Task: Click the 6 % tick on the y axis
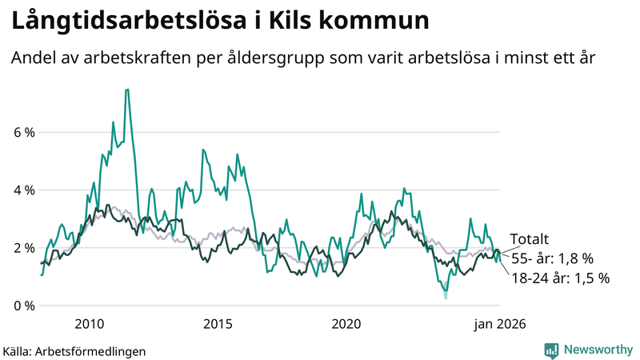pyautogui.click(x=23, y=132)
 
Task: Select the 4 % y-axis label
pyautogui.click(x=23, y=190)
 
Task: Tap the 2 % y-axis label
pyautogui.click(x=23, y=248)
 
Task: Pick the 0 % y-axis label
pyautogui.click(x=23, y=306)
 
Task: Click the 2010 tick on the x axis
pyautogui.click(x=89, y=324)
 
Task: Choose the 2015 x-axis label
pyautogui.click(x=218, y=324)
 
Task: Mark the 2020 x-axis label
pyautogui.click(x=346, y=324)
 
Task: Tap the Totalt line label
pyautogui.click(x=530, y=238)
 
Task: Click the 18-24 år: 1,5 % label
pyautogui.click(x=560, y=278)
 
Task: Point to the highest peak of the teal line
pyautogui.click(x=127, y=90)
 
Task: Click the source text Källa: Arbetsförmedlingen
pyautogui.click(x=74, y=351)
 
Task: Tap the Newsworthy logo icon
pyautogui.click(x=552, y=350)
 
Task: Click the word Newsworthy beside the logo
pyautogui.click(x=598, y=350)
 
